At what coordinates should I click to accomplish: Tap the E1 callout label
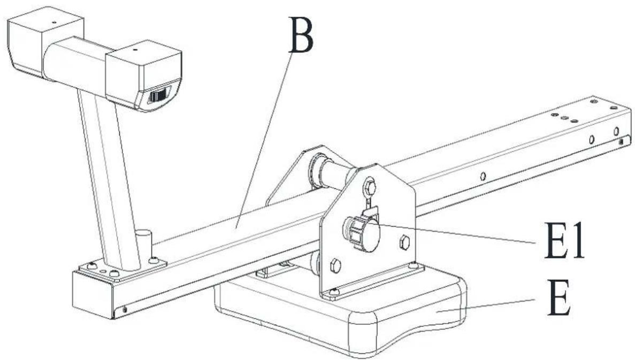point(561,242)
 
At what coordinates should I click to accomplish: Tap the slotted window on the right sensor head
point(158,96)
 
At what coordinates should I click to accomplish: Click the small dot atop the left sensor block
point(53,23)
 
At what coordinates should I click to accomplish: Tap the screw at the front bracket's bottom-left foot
point(334,291)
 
